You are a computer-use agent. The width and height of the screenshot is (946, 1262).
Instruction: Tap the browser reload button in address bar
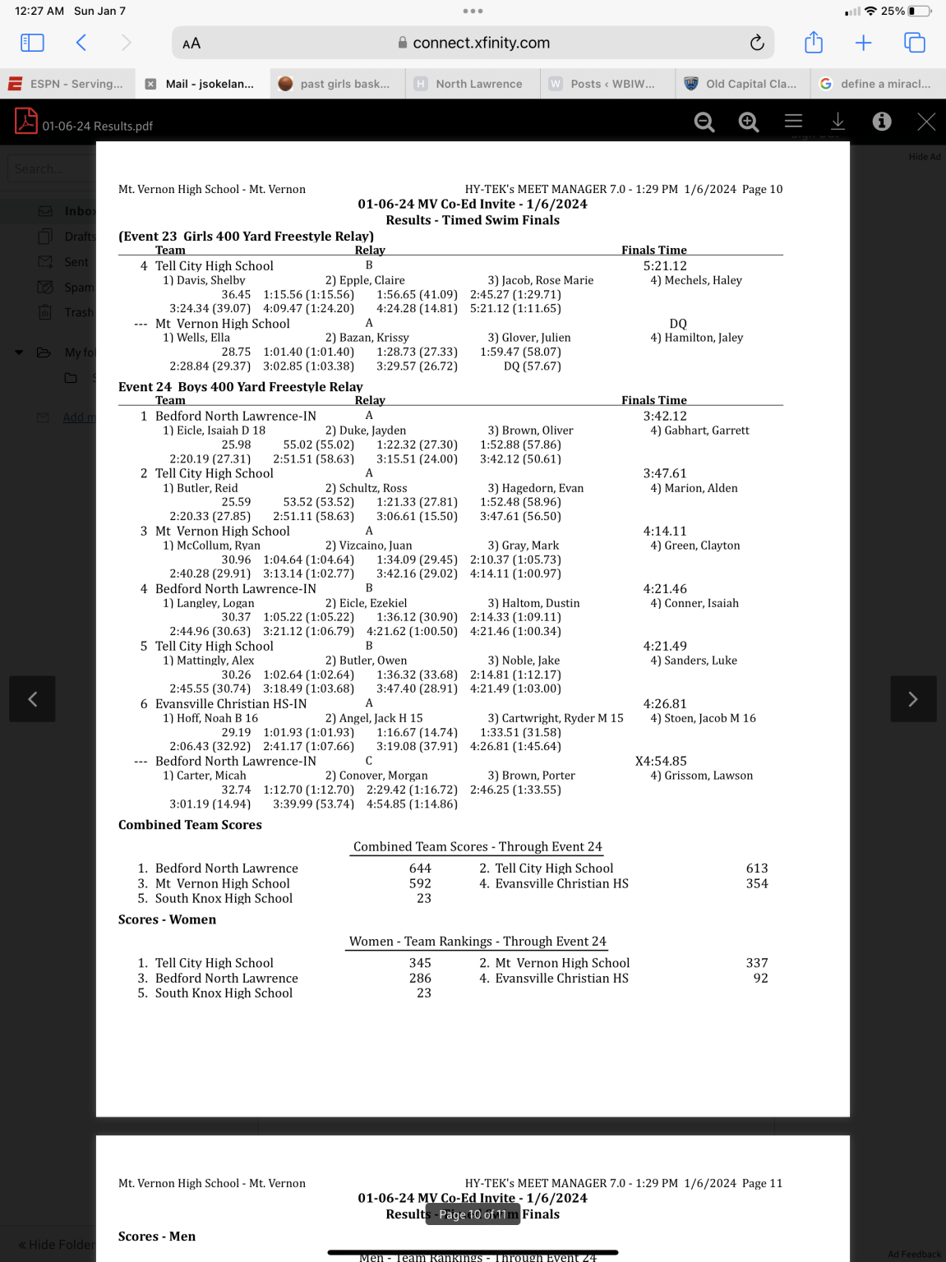[757, 43]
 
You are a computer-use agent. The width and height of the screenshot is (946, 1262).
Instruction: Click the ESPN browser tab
[66, 84]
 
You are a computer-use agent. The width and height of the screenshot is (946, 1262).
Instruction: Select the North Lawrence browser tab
[478, 84]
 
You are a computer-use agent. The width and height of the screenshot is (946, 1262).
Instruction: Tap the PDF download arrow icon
[838, 122]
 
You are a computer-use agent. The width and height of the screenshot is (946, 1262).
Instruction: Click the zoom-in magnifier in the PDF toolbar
[748, 122]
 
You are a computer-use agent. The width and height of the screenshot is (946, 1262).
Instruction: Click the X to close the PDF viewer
[926, 122]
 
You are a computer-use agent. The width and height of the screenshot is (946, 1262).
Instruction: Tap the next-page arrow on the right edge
[912, 699]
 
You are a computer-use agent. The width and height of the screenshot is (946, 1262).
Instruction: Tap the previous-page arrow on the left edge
[32, 699]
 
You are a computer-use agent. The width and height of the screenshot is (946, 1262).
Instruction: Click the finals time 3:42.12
[664, 417]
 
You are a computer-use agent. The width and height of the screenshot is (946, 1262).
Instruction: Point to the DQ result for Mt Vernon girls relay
[678, 324]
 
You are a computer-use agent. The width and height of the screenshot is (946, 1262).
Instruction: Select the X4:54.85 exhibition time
[661, 762]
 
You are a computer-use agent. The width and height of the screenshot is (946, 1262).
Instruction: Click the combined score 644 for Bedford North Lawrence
[420, 868]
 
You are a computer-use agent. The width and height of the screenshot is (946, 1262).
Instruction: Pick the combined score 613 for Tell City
[756, 868]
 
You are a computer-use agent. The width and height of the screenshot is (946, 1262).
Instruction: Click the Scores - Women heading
[167, 920]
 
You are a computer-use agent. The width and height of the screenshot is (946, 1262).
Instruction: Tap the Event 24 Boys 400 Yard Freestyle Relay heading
[240, 387]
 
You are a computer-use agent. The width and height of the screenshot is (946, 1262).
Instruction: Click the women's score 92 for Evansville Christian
[760, 979]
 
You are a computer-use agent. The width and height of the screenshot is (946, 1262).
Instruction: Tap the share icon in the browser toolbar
[813, 43]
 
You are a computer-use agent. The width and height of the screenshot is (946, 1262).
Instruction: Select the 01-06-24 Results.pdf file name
[97, 126]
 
